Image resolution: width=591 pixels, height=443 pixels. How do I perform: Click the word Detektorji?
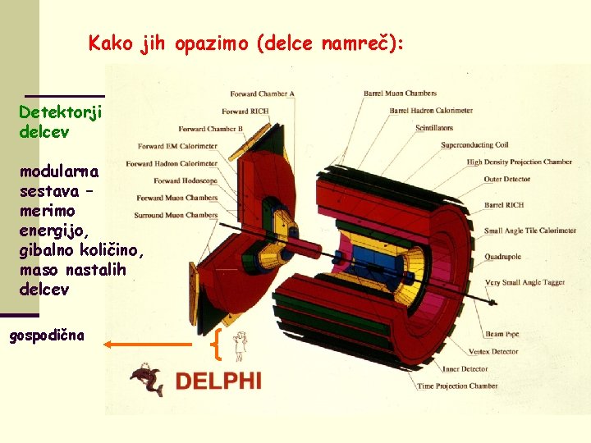60,112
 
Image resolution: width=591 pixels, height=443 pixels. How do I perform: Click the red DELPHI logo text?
218,381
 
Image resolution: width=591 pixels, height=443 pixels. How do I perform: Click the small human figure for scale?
239,346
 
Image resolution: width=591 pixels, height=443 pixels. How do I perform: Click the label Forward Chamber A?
263,94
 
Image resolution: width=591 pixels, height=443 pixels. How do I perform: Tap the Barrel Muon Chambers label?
400,94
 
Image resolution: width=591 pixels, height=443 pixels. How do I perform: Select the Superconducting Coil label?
474,145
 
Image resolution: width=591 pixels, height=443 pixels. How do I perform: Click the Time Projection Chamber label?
457,386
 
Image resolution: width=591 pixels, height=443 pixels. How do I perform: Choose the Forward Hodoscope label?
186,180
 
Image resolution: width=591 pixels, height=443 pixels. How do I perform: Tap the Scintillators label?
433,128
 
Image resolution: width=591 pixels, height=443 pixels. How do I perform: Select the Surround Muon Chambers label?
177,215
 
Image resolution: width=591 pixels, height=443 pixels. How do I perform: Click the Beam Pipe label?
502,334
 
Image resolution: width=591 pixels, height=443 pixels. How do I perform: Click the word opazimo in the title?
213,43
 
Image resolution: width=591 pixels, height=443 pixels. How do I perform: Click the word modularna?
59,172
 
